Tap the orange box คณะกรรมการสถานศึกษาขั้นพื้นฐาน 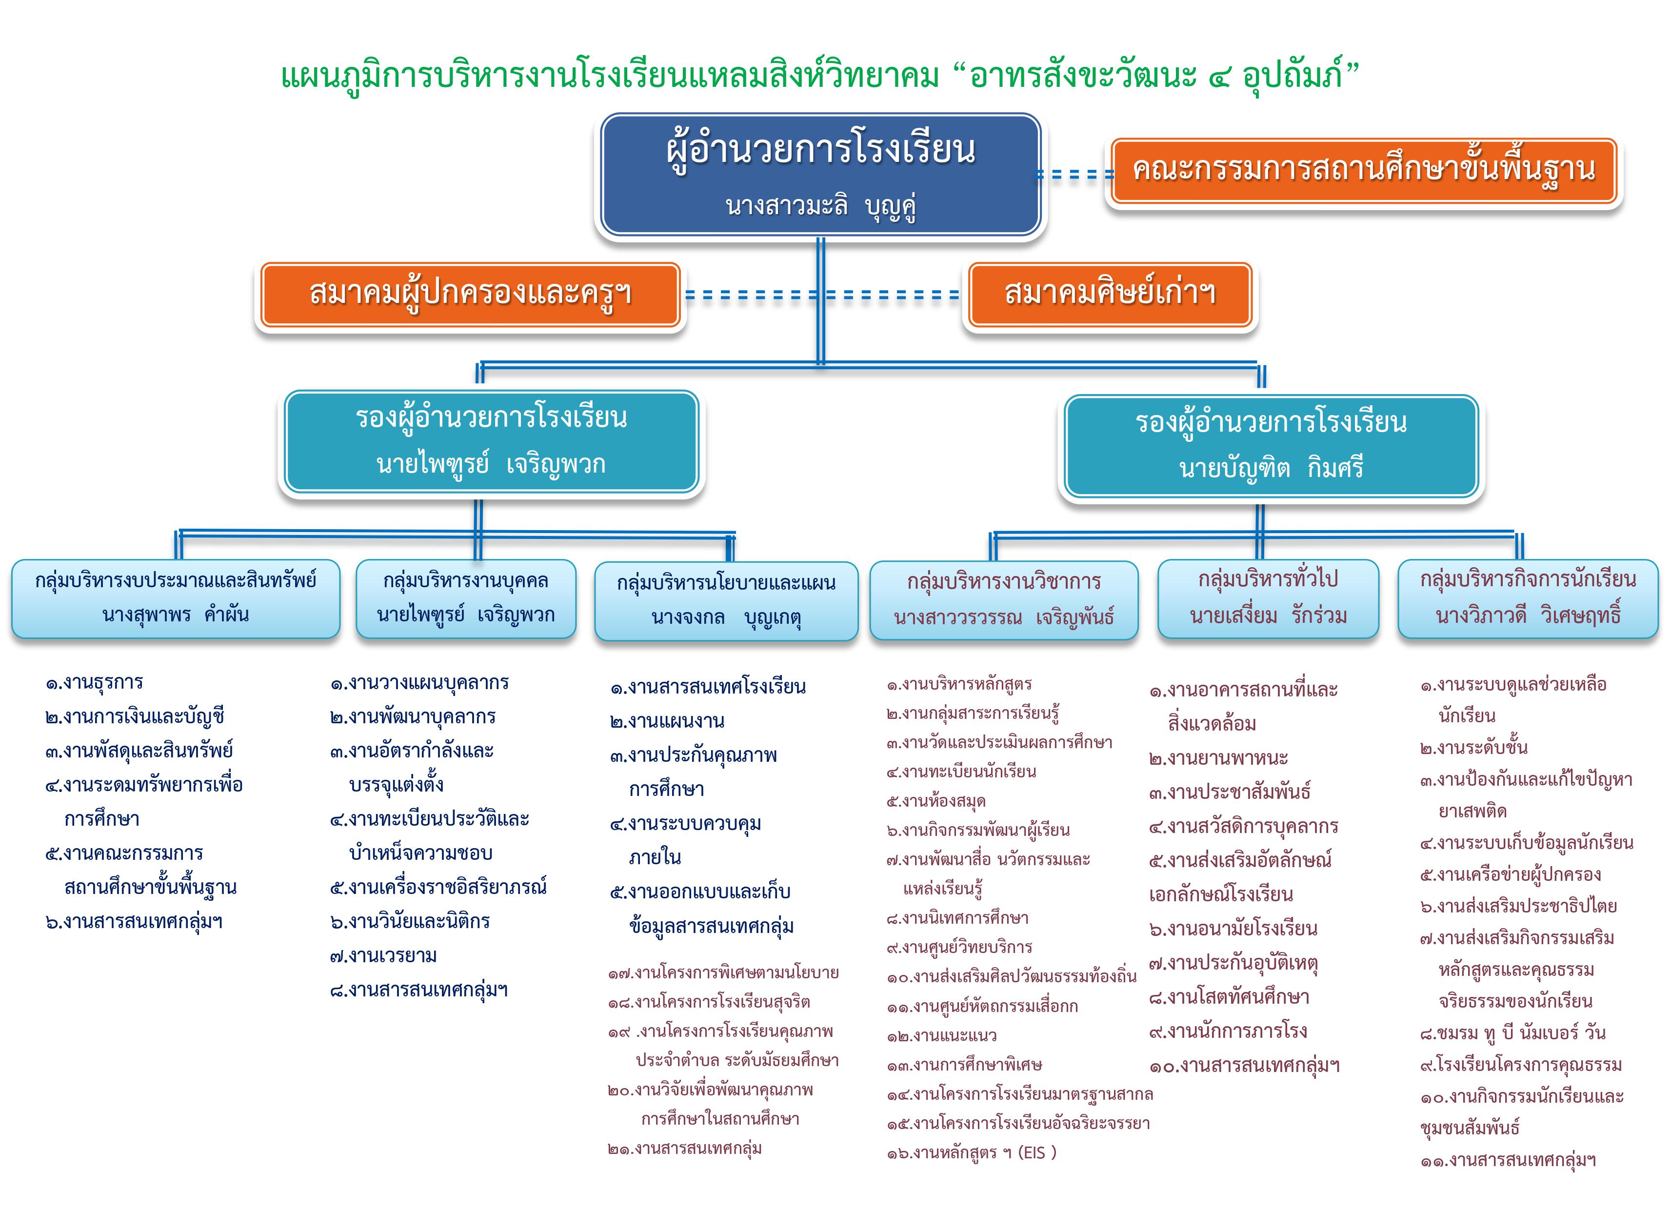[1364, 170]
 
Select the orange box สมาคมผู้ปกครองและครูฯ [470, 294]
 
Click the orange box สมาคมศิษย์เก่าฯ [1110, 294]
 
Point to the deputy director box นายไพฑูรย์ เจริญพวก [492, 441]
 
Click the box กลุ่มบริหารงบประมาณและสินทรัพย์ [176, 598]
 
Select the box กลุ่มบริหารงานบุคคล [466, 598]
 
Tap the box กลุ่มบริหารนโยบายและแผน [726, 600]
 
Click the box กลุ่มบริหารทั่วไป [1268, 598]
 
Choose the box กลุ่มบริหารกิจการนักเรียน [1528, 598]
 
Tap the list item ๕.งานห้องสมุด [936, 801]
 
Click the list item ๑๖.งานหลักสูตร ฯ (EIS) [972, 1152]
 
